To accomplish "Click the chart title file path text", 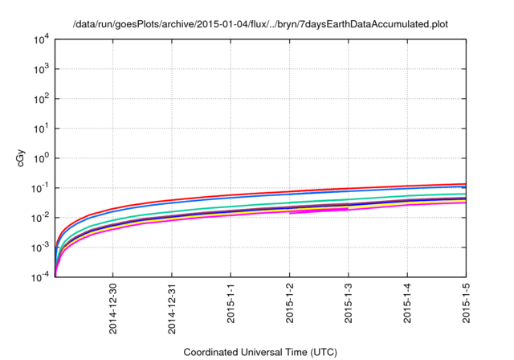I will pos(259,24).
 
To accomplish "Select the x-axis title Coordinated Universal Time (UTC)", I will pos(259,352).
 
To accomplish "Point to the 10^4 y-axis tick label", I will pos(41,39).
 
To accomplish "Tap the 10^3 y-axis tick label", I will pos(41,69).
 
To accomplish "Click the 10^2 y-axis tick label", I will pos(41,99).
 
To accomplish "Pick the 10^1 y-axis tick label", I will pos(41,129).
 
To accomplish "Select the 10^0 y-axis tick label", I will pos(41,158).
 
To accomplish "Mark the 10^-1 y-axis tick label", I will pos(41,188).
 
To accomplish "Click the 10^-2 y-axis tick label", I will pos(41,218).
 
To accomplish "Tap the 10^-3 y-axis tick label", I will pos(41,247).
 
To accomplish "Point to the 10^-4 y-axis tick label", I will pos(41,277).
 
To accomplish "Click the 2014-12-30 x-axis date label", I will pos(113,308).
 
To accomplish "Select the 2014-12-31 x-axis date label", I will pos(172,308).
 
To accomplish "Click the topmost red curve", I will pos(321,190).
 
